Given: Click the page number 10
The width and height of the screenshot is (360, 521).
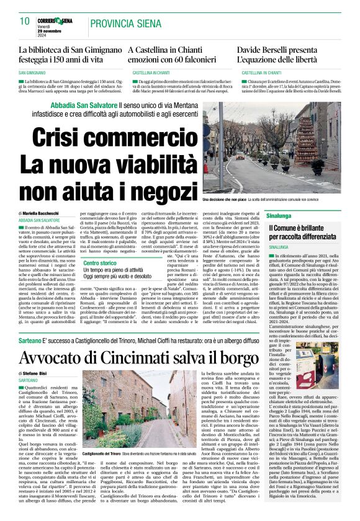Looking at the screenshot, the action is pos(25,22).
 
